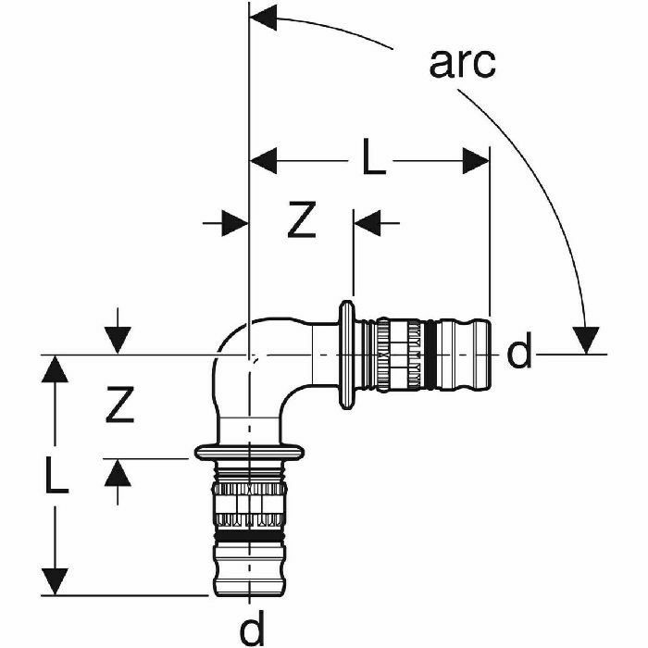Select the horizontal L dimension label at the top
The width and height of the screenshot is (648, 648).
click(373, 159)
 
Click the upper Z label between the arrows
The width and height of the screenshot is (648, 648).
click(302, 220)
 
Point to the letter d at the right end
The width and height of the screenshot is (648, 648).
click(520, 353)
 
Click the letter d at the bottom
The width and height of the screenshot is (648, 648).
click(251, 629)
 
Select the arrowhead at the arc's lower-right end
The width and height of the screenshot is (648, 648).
click(585, 340)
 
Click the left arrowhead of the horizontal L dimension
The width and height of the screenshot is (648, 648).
click(265, 160)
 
